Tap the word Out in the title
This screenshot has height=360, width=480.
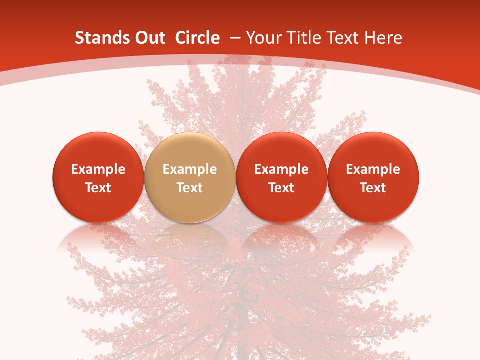[x=148, y=38]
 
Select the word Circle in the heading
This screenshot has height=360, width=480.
[x=197, y=38]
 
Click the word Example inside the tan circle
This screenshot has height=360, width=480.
[x=190, y=169]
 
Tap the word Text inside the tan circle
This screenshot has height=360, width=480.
[x=190, y=188]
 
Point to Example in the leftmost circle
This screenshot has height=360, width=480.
[x=98, y=169]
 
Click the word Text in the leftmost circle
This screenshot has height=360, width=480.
[x=98, y=188]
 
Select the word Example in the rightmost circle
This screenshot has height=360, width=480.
[x=373, y=169]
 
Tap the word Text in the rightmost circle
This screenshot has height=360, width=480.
[x=373, y=188]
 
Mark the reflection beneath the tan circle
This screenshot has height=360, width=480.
[x=190, y=237]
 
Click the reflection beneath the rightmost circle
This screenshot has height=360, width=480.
[x=373, y=237]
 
